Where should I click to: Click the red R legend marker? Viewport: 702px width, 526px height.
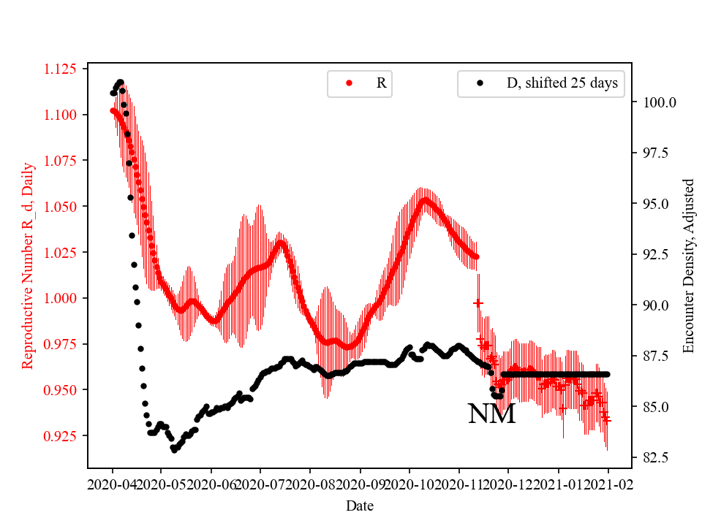(350, 83)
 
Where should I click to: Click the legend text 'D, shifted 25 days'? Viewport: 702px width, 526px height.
(562, 83)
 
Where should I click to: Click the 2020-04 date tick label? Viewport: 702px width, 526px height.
(113, 484)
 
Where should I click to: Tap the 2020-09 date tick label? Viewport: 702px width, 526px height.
(361, 484)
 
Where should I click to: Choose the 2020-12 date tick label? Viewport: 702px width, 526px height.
(508, 484)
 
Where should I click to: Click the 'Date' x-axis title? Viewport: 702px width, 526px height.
(359, 506)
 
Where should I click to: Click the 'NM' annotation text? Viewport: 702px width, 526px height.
(491, 414)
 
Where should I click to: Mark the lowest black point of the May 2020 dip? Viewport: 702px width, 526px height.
(174, 450)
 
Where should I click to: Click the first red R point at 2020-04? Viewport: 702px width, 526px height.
(113, 110)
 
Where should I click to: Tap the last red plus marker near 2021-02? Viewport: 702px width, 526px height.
(606, 420)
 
